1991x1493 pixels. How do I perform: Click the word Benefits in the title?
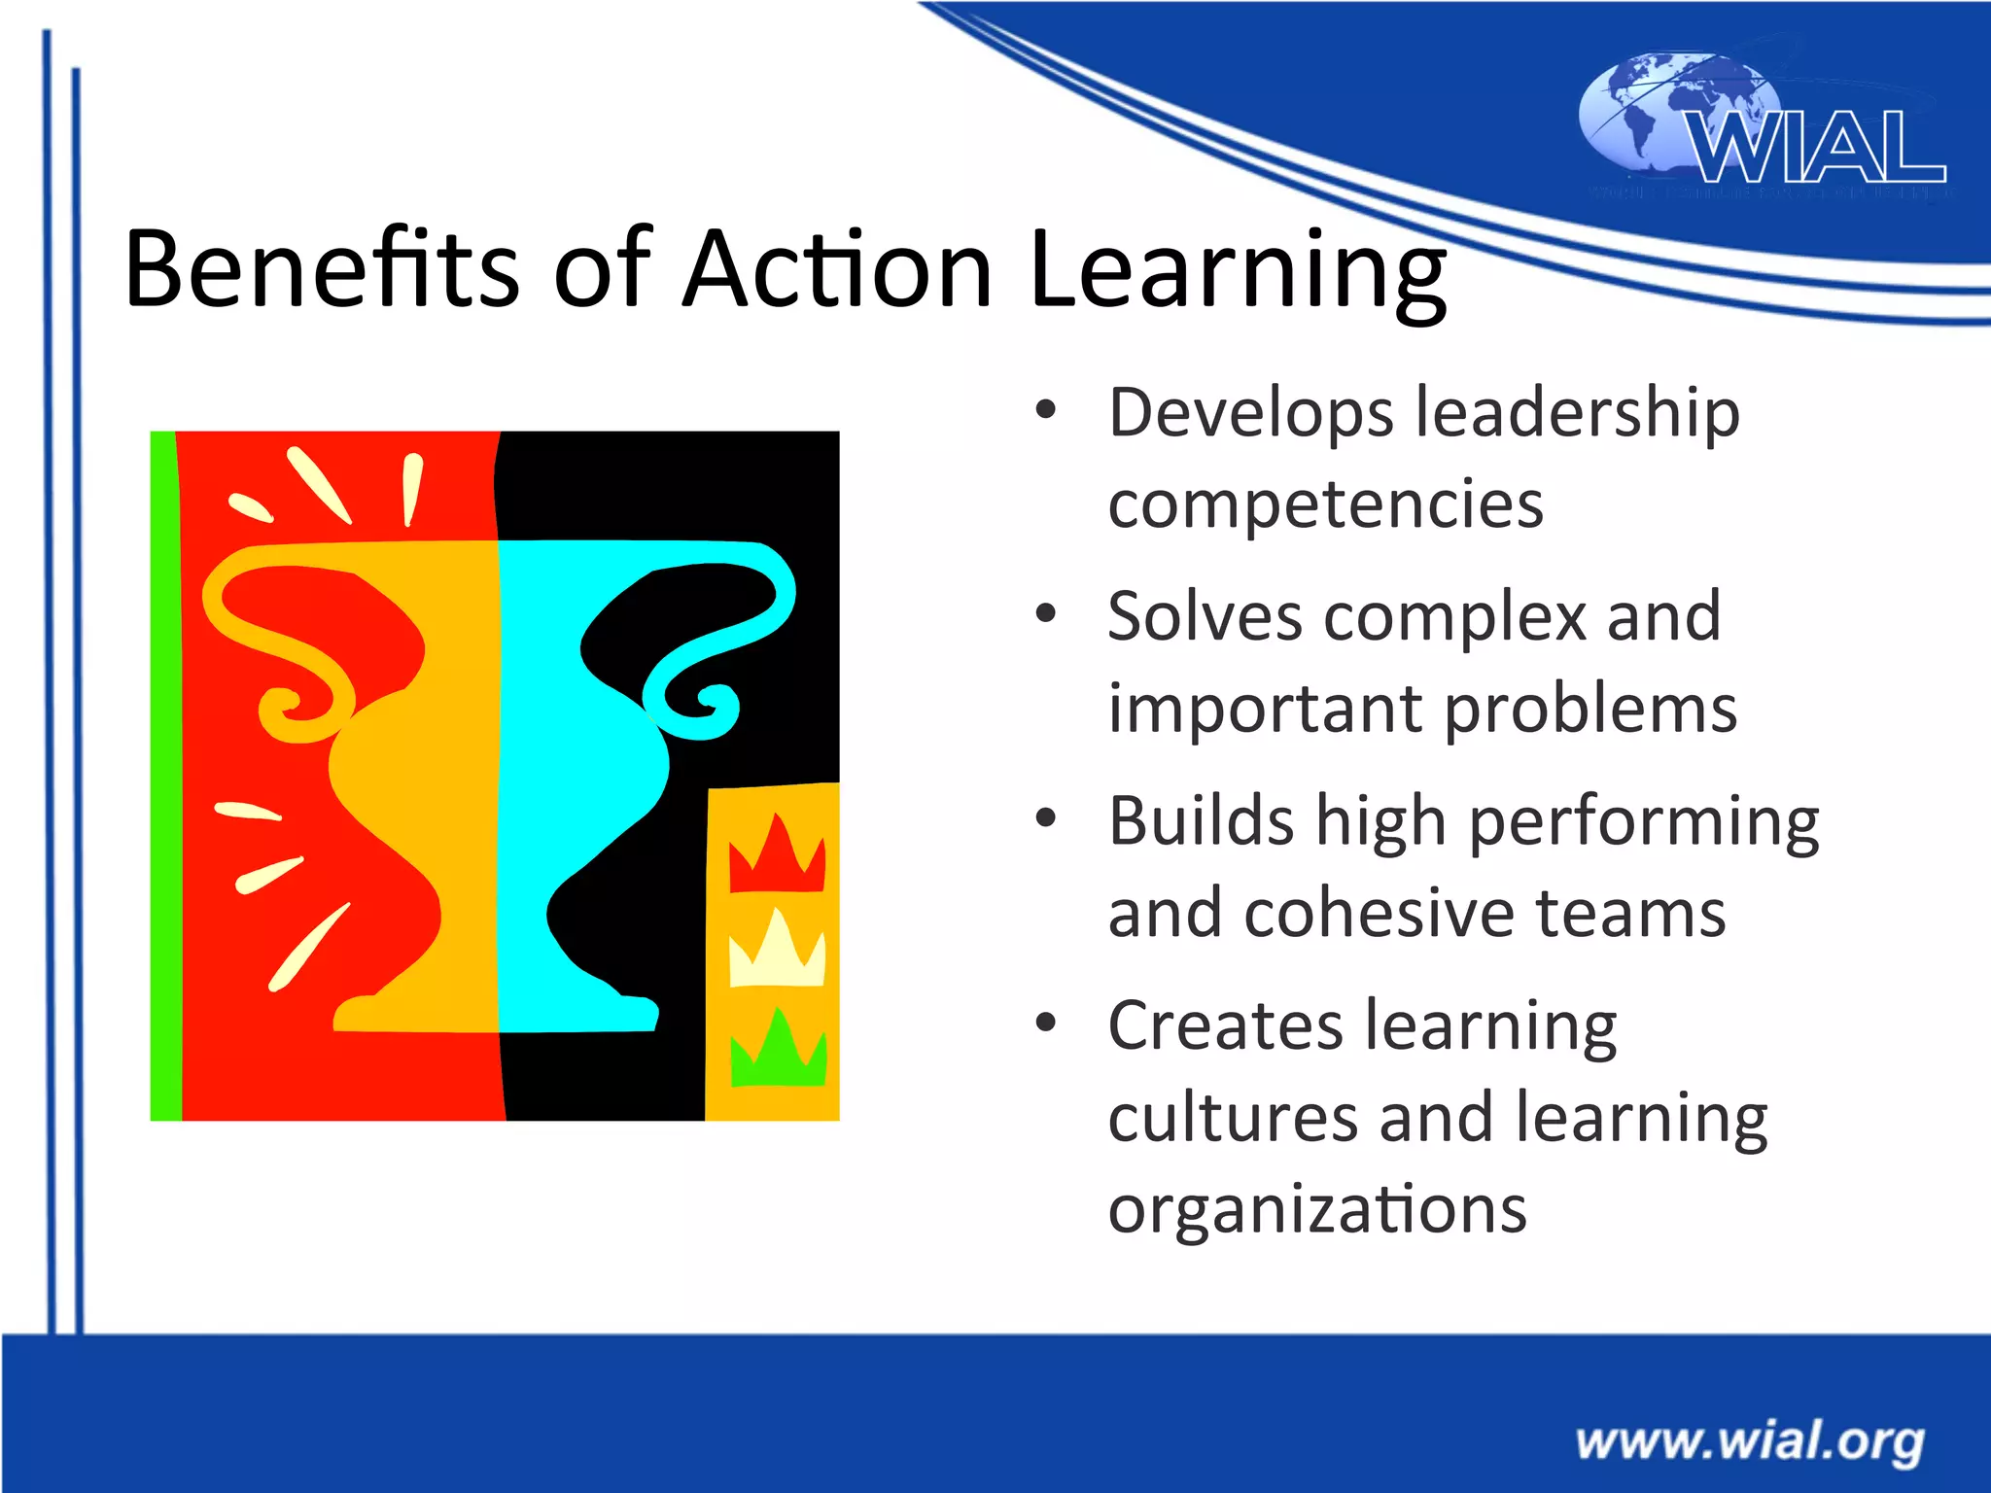322,268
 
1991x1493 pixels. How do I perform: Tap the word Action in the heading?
836,268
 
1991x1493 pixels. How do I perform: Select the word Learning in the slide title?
1238,272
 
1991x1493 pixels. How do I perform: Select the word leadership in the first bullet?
1577,414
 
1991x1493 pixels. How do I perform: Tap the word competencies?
1325,505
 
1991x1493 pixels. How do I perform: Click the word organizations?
1317,1211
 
